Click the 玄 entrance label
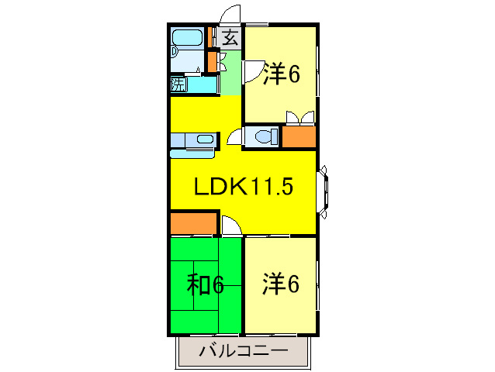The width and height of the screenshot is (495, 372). click(230, 38)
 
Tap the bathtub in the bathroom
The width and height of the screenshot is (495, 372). click(187, 38)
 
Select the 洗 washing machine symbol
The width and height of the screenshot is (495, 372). click(178, 84)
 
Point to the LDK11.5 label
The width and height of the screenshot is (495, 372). click(244, 186)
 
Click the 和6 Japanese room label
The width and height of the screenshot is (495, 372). click(205, 284)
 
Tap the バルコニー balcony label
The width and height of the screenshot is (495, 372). click(244, 351)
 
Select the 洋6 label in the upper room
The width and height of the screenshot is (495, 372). click(282, 74)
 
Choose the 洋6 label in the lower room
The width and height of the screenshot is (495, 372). click(280, 284)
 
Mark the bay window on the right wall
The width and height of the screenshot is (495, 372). click(323, 191)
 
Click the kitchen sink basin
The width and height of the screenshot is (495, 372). click(205, 139)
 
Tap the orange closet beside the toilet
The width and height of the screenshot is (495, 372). click(299, 136)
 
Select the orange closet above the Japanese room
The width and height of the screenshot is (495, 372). click(193, 223)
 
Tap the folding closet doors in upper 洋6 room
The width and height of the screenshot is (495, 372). click(300, 117)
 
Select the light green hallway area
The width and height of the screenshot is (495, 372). click(230, 73)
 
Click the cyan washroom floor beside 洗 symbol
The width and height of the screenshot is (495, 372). click(202, 84)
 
